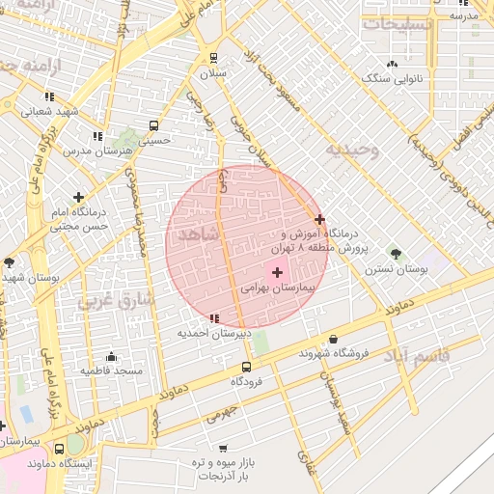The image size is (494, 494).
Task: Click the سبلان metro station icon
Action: coord(213,57)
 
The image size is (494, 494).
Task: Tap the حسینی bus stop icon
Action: coord(154,125)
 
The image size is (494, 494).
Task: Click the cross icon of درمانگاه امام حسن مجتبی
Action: coord(78,197)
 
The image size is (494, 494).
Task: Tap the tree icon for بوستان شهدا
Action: coord(10,262)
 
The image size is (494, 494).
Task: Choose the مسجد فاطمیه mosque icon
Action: coord(112,356)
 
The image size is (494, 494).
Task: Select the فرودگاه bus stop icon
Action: coord(246,367)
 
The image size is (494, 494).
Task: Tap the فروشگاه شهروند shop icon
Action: coord(334,340)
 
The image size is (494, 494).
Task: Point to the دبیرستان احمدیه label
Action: coord(213,333)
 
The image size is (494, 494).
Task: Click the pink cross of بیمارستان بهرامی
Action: coord(278,273)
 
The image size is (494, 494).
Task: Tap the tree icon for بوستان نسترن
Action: coord(396,254)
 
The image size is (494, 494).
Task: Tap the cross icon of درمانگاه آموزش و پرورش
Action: coord(320,219)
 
